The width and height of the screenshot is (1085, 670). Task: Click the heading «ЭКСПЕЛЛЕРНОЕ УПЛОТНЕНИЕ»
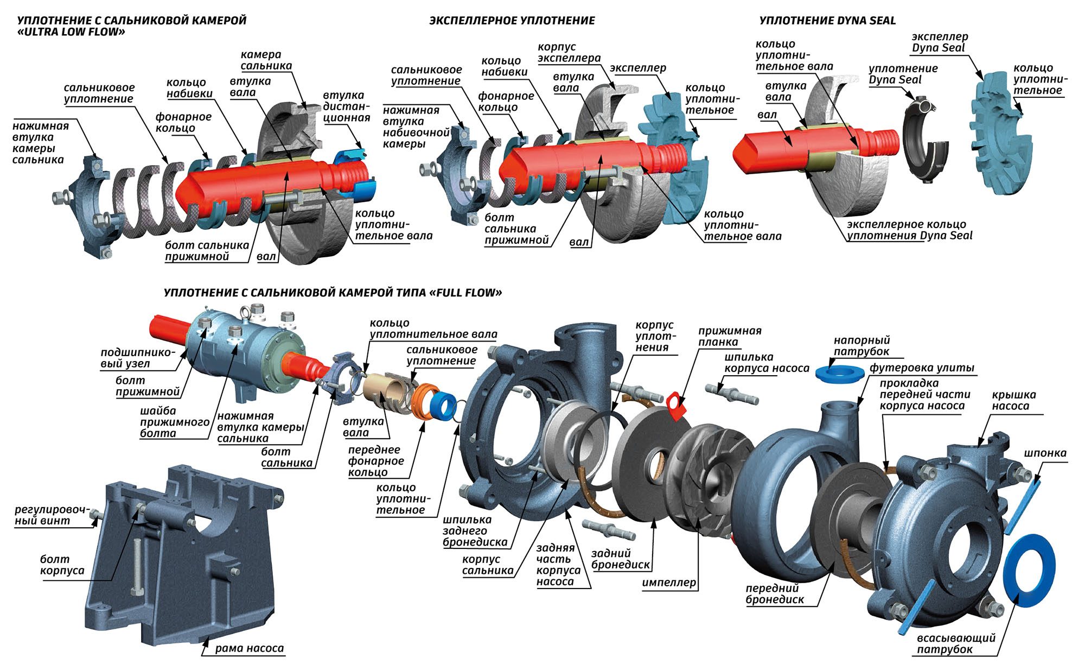(x=512, y=21)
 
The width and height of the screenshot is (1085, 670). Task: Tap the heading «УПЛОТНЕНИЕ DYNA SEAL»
(x=827, y=21)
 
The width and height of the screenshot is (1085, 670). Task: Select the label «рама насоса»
(x=249, y=648)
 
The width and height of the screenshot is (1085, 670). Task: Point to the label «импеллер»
(x=668, y=583)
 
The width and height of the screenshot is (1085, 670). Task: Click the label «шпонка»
(x=1045, y=453)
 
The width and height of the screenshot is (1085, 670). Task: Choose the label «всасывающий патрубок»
(x=956, y=643)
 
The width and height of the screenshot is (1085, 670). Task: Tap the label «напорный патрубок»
(x=861, y=346)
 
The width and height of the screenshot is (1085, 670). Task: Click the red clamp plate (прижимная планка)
(x=676, y=406)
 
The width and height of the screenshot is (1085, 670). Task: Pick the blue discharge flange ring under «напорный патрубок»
(x=839, y=374)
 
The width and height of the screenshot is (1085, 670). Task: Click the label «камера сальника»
(x=266, y=60)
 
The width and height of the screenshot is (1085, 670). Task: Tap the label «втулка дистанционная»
(x=346, y=106)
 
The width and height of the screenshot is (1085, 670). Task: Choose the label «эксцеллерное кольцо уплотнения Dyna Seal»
(x=909, y=230)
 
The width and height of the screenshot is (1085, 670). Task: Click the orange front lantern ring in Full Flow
(x=422, y=400)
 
